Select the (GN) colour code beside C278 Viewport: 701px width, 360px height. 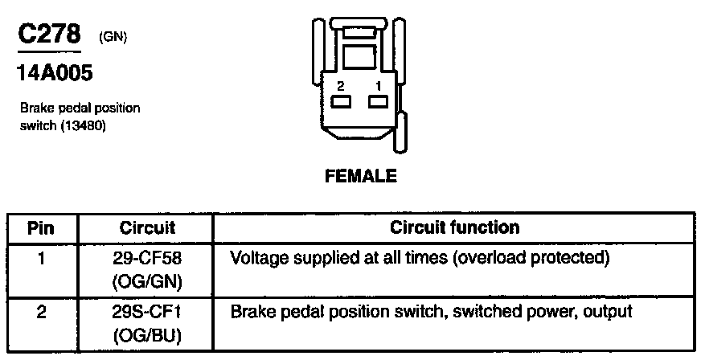coord(113,37)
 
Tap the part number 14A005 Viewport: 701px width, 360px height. coord(54,74)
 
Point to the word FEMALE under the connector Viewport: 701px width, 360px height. coord(360,175)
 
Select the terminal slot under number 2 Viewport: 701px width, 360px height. coord(341,101)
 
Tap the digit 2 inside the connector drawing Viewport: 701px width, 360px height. coord(341,86)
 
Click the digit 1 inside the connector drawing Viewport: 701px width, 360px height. coord(377,86)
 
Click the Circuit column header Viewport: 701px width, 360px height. coord(147,227)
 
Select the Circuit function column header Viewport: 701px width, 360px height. coord(454,227)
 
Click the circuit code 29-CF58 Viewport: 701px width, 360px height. coord(147,259)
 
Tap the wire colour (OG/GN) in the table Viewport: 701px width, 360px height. coord(147,280)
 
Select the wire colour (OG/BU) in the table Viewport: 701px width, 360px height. coord(147,333)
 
